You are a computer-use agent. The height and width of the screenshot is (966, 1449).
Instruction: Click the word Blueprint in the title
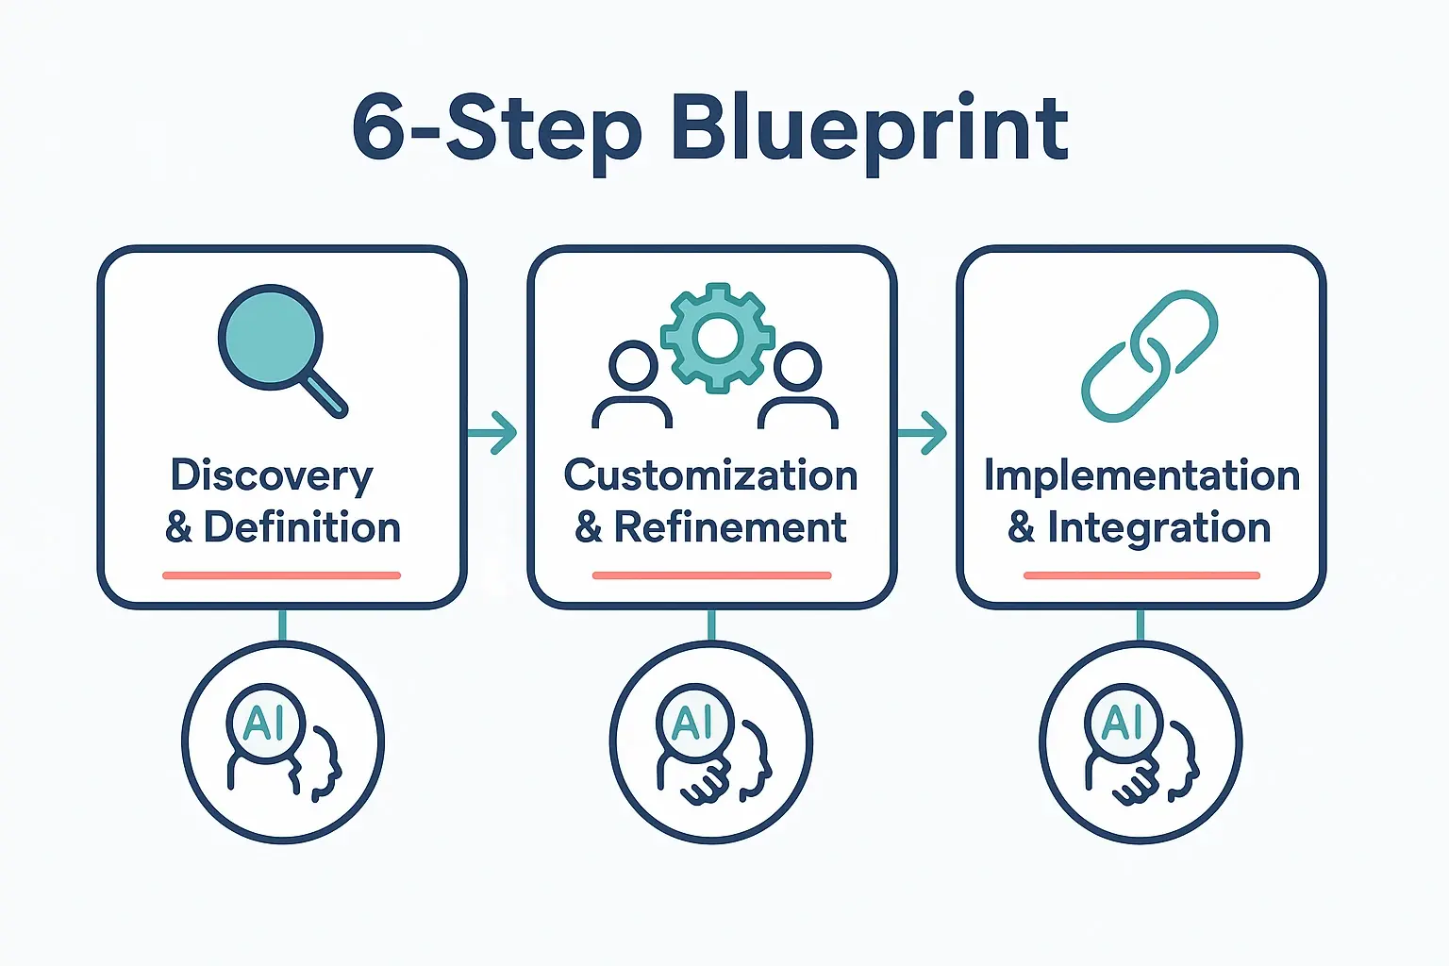tap(870, 130)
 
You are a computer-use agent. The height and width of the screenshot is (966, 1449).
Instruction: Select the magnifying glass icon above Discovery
tap(279, 347)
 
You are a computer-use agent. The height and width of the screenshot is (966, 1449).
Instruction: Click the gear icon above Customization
tap(717, 337)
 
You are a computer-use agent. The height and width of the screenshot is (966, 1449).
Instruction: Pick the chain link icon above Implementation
tap(1149, 356)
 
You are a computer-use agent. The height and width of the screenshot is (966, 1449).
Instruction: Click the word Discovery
tap(272, 476)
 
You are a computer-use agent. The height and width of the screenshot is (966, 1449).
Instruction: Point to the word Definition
tap(302, 527)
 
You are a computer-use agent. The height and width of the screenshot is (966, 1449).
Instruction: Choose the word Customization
tap(710, 475)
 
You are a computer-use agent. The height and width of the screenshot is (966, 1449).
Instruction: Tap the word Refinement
tap(730, 527)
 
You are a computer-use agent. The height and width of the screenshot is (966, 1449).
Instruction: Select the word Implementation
tap(1141, 475)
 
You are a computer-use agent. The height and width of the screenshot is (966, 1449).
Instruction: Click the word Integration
tap(1159, 527)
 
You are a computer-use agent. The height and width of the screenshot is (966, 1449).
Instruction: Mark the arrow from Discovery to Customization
tap(492, 433)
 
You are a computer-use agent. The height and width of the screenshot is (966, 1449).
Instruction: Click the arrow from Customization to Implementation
tap(922, 433)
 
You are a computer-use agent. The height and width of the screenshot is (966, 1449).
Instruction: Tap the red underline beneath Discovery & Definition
tap(281, 575)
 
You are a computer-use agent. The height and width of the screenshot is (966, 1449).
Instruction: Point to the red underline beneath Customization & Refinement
tap(711, 575)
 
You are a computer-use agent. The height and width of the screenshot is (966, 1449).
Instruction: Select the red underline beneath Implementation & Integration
tap(1141, 575)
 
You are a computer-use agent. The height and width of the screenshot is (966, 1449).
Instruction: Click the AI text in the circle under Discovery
tap(264, 724)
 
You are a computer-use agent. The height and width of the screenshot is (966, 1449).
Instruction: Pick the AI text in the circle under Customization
tap(693, 724)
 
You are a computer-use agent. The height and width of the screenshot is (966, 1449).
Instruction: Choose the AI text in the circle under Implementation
tap(1123, 724)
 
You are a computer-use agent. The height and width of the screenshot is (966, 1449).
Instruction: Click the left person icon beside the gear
tap(632, 385)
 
